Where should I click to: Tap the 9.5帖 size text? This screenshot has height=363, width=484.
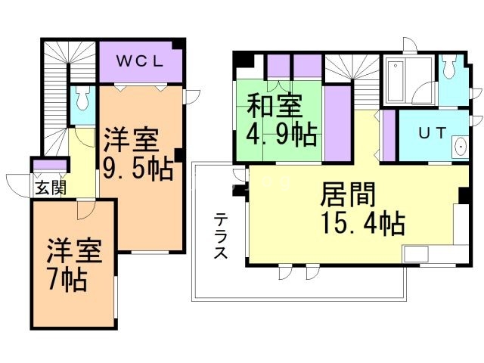pyautogui.click(x=139, y=167)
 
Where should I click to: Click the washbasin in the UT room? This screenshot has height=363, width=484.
pyautogui.click(x=460, y=147)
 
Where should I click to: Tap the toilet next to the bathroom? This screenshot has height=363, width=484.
pyautogui.click(x=451, y=71)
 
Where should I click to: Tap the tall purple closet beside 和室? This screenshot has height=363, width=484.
pyautogui.click(x=337, y=123)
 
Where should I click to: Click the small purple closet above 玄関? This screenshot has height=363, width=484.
pyautogui.click(x=50, y=166)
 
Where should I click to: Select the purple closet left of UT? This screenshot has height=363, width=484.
pyautogui.click(x=388, y=135)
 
